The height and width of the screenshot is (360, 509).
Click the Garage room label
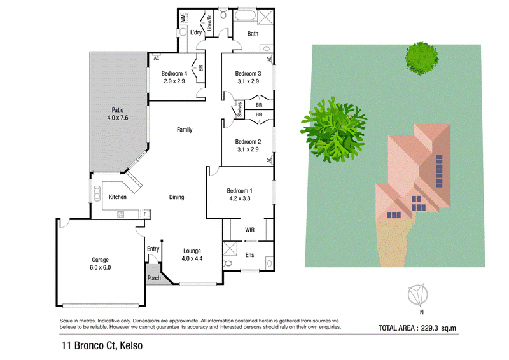click(x=100, y=260)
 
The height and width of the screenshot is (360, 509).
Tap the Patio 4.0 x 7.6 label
click(x=118, y=114)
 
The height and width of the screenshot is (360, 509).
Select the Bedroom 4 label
click(x=174, y=74)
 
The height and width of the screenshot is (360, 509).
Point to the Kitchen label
click(x=118, y=197)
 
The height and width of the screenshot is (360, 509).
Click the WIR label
click(x=249, y=230)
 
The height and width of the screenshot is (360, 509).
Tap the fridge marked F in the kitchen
click(x=145, y=214)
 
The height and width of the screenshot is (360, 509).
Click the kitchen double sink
click(x=97, y=194)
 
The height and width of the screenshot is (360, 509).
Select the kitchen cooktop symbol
click(x=121, y=214)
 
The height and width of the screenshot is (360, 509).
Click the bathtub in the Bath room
click(x=245, y=15)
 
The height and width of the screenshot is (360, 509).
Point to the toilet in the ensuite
click(x=228, y=263)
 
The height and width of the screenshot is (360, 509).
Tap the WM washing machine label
click(x=183, y=18)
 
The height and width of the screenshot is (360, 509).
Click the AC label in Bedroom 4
click(x=157, y=59)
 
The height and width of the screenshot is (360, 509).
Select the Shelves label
click(x=240, y=110)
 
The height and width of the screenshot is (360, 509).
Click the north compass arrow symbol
click(x=418, y=294)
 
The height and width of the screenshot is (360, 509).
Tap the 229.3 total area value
click(x=429, y=328)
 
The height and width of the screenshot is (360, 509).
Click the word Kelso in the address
click(x=131, y=346)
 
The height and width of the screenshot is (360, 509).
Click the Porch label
click(x=154, y=278)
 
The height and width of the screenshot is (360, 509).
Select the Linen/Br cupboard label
click(x=209, y=23)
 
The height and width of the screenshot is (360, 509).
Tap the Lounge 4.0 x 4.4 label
click(x=192, y=254)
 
